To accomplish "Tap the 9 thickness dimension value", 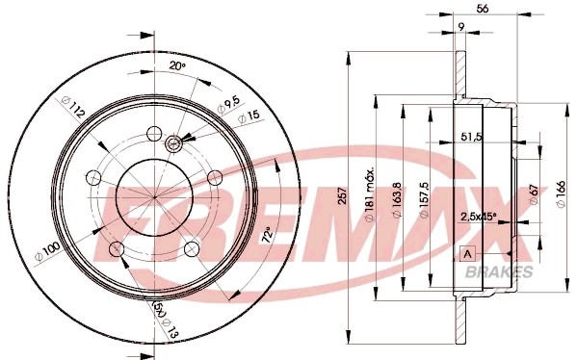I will pos(462,27).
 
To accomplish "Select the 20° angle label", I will pos(176,65).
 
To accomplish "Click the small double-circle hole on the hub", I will pos(174,144).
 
